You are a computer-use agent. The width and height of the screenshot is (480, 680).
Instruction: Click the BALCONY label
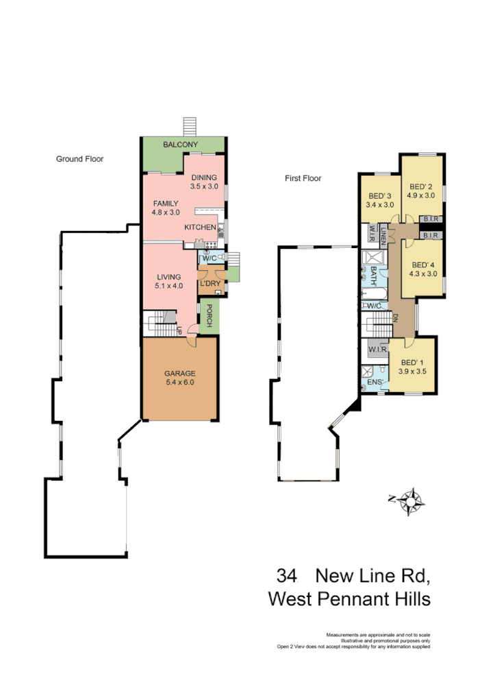pyautogui.click(x=181, y=145)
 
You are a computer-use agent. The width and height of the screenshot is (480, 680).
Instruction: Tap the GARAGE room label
pyautogui.click(x=180, y=374)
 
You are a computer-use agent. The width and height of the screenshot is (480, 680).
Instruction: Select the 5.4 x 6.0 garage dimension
pyautogui.click(x=180, y=382)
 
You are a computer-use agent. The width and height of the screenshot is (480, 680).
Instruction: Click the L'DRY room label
pyautogui.click(x=209, y=283)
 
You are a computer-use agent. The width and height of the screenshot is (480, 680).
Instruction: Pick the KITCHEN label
pyautogui.click(x=200, y=228)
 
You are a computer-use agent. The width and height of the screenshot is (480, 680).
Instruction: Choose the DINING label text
pyautogui.click(x=204, y=177)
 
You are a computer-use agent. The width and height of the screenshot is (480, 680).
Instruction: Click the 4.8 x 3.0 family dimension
pyautogui.click(x=166, y=212)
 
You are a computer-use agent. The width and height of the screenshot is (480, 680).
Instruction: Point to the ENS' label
pyautogui.click(x=375, y=381)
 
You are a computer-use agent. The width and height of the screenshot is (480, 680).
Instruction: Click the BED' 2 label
pyautogui.click(x=422, y=186)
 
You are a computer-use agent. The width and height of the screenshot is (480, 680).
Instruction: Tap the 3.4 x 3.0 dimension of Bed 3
pyautogui.click(x=380, y=204)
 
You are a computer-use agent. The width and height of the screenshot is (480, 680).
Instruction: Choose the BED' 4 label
pyautogui.click(x=422, y=265)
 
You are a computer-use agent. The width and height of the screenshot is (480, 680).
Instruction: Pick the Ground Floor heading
pyautogui.click(x=79, y=159)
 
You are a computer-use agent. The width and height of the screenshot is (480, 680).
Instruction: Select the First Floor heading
pyautogui.click(x=303, y=178)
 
